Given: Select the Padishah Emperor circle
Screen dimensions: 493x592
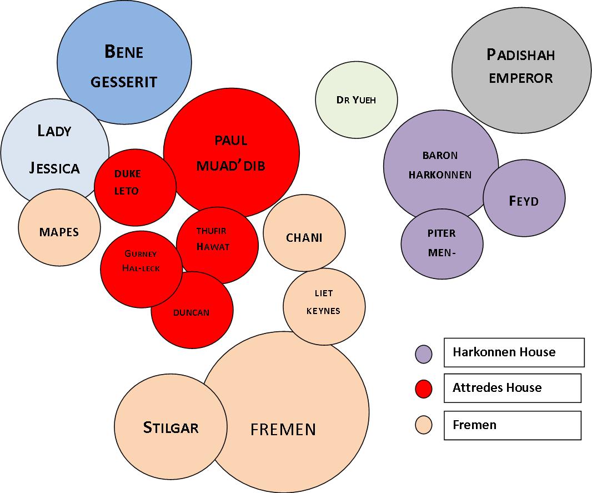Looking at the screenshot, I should click(x=521, y=66).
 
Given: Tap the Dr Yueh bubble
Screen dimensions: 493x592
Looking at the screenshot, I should click(x=356, y=100).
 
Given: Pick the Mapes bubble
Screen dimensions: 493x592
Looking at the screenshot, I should click(x=59, y=231).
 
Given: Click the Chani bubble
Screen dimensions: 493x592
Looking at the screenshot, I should click(x=304, y=237).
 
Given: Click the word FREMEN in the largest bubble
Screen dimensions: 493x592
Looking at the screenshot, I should click(x=283, y=429).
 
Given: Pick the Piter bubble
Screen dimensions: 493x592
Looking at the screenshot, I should click(x=442, y=243).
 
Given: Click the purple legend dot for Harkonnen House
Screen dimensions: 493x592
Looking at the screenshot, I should click(x=424, y=354).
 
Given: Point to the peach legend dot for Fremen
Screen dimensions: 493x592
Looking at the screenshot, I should click(x=424, y=425).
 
